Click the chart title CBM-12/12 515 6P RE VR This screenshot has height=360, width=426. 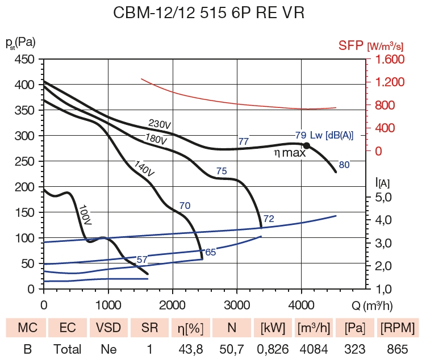212,13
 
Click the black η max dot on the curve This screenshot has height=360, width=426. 307,146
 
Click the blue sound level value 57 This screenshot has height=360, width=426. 142,259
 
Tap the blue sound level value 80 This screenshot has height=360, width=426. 344,165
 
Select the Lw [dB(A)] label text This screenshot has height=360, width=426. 331,135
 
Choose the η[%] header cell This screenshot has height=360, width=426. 189,328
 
